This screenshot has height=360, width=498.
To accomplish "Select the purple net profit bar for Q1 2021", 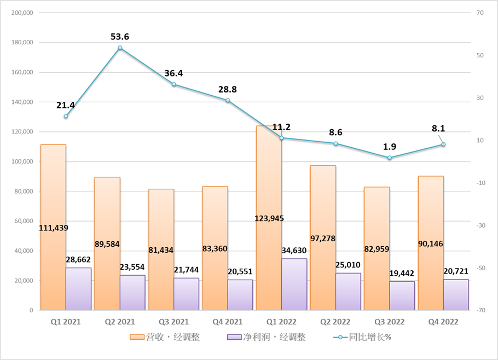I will (78, 289).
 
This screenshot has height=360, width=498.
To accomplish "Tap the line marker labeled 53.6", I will (120, 48).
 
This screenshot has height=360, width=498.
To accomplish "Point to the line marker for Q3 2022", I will (390, 158).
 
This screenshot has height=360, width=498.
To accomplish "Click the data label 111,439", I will (54, 228).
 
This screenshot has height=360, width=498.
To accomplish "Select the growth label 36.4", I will (174, 73).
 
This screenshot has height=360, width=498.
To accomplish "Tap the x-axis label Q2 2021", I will (120, 322).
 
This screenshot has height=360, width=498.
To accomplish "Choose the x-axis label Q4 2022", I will (443, 322).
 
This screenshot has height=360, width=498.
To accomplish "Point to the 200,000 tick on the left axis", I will (22, 13).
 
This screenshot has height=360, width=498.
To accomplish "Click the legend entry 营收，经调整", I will (165, 337).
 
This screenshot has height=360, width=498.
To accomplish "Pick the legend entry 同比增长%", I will (362, 337).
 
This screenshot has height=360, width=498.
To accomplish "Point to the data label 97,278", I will (323, 238).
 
